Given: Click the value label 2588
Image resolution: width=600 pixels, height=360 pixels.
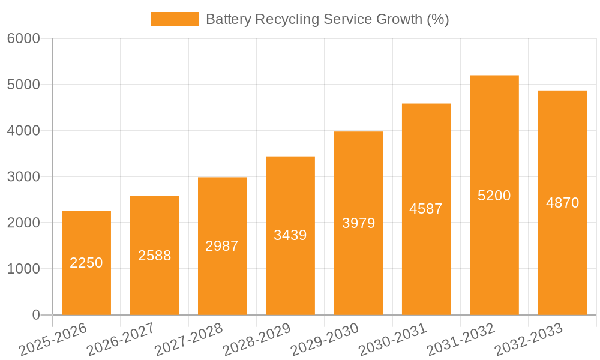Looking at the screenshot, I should (x=154, y=256).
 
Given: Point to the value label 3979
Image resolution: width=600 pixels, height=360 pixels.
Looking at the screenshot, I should (x=358, y=223).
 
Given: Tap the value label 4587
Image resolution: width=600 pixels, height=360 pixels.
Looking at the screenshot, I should (x=426, y=209).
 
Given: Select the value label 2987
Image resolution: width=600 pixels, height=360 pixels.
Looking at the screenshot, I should (x=222, y=245).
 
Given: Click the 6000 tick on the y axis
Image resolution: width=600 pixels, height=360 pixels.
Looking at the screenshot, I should (x=23, y=39).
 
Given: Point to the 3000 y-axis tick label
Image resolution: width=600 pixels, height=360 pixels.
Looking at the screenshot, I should (x=23, y=177).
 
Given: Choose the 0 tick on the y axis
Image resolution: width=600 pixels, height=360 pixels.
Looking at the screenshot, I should (x=35, y=315).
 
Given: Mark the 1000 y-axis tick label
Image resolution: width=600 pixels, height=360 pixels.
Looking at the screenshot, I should (x=23, y=269).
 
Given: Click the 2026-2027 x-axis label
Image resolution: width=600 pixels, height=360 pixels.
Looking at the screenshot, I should (x=121, y=339).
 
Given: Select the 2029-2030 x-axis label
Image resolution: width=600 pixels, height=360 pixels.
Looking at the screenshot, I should (x=325, y=339).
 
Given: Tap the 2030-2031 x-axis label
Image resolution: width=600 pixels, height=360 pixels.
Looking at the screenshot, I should (x=392, y=339).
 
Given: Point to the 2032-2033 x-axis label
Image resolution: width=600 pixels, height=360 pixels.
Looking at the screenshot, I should (x=529, y=339).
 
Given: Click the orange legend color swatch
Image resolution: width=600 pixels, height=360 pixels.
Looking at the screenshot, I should (x=174, y=19).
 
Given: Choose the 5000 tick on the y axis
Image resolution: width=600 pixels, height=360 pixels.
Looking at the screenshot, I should (x=23, y=85).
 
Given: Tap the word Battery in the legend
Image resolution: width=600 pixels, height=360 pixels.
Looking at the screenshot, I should (x=228, y=20).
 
